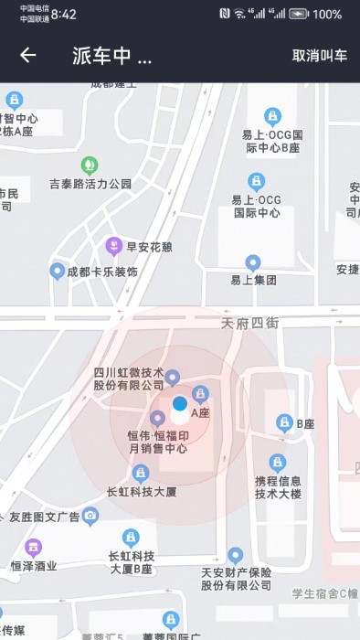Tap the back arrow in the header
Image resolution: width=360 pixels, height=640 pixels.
click(28, 55)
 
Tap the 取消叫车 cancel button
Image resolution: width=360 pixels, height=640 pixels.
click(320, 56)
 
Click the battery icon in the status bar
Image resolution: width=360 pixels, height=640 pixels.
click(299, 14)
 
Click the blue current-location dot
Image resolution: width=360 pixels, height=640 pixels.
click(180, 403)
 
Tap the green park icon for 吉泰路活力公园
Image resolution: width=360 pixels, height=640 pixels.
click(90, 165)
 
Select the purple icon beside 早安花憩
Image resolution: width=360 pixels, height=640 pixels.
click(112, 246)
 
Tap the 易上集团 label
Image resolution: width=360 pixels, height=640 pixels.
click(253, 280)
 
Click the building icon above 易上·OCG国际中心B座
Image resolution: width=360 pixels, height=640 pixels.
click(271, 116)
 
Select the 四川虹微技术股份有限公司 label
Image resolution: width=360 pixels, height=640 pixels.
click(129, 379)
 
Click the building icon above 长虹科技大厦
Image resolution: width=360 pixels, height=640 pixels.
click(140, 473)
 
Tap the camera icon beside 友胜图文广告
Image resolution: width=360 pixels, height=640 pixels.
click(90, 517)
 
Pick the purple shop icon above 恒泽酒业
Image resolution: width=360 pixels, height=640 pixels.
click(34, 548)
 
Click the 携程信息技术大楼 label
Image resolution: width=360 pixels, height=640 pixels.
click(278, 487)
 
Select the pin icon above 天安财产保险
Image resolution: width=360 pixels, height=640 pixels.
click(236, 555)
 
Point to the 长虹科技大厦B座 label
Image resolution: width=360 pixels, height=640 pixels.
click(131, 561)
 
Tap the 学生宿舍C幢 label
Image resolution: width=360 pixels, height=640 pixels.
click(324, 593)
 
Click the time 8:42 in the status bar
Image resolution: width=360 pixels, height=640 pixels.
click(64, 15)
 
